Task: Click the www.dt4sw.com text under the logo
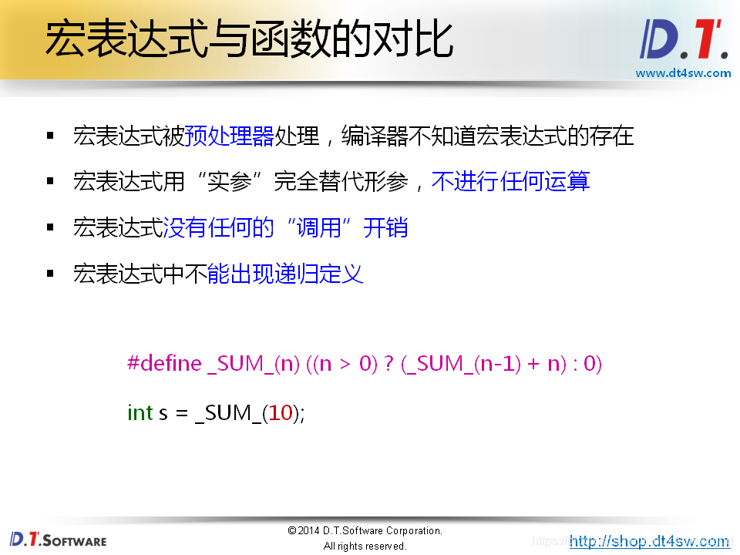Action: click(683, 73)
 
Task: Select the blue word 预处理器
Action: click(229, 137)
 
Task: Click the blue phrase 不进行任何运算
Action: click(510, 182)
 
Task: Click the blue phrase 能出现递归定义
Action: click(285, 274)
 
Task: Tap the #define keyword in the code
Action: click(164, 363)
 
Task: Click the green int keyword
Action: click(140, 412)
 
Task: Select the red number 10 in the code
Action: click(281, 412)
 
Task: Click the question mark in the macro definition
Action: click(388, 363)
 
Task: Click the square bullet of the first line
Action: click(51, 136)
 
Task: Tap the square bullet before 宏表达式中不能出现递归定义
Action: click(51, 273)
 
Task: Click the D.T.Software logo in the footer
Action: click(58, 539)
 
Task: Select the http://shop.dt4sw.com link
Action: click(648, 541)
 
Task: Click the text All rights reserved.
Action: click(365, 546)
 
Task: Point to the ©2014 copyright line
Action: click(365, 530)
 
